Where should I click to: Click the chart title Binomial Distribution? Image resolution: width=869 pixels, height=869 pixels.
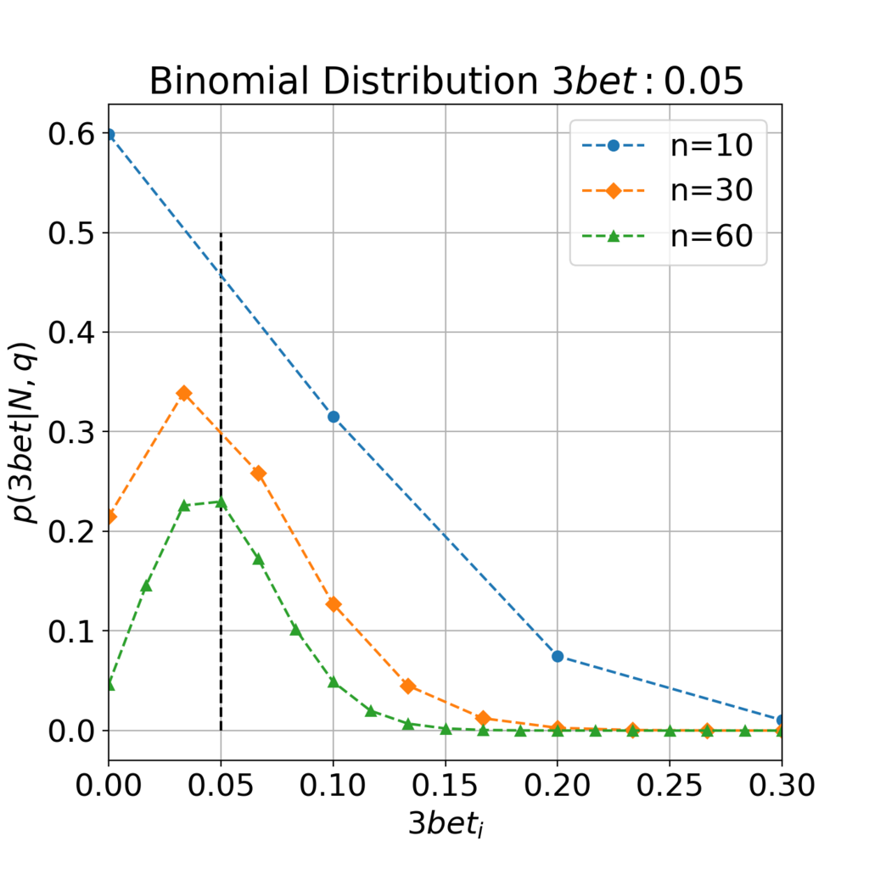click(x=344, y=81)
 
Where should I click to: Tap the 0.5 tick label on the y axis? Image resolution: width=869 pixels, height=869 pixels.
click(x=71, y=233)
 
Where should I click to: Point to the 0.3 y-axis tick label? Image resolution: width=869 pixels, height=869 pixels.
click(x=71, y=432)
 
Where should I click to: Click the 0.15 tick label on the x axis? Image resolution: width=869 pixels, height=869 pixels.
click(x=445, y=785)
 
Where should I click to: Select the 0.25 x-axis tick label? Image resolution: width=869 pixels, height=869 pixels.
click(x=670, y=785)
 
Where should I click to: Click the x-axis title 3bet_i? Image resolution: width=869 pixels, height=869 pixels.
click(x=446, y=823)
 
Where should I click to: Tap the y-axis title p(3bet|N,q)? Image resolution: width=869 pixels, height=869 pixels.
click(x=23, y=432)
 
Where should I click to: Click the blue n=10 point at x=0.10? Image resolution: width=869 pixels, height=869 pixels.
click(x=333, y=417)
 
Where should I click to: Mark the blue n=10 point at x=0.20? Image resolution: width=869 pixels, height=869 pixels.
click(x=558, y=656)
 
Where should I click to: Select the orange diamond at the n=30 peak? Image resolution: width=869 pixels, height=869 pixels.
click(x=184, y=394)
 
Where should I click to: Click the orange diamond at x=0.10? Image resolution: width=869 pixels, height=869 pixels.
click(x=333, y=604)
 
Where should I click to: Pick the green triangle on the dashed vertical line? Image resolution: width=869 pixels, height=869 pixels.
click(x=221, y=502)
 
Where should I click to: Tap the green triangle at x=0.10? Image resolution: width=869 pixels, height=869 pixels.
click(x=333, y=681)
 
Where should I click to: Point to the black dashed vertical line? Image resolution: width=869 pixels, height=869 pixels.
click(x=221, y=482)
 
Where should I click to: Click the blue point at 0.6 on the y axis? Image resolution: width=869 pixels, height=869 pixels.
click(x=109, y=135)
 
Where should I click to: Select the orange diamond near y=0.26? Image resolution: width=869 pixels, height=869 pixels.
click(x=258, y=474)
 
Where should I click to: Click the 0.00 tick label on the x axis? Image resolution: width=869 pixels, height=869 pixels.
click(x=109, y=785)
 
